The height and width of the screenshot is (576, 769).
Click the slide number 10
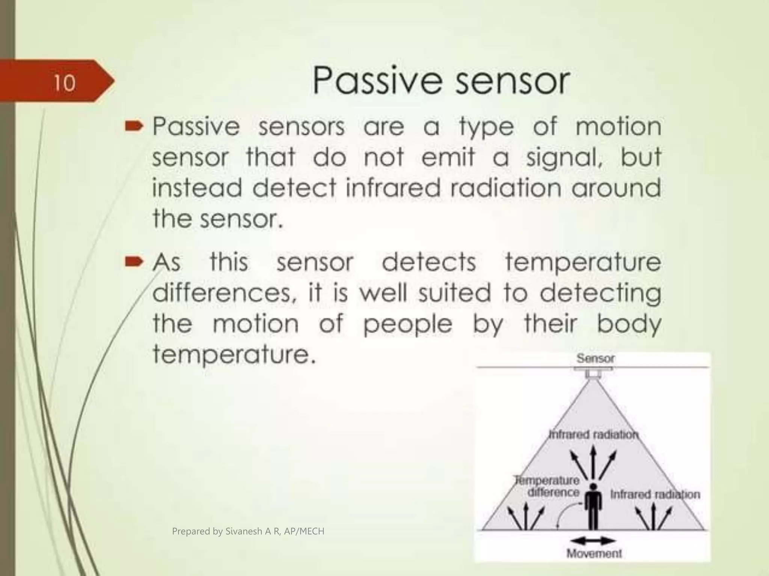pos(65,83)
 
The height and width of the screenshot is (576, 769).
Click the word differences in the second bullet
pos(222,293)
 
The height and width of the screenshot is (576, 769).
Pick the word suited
pos(454,293)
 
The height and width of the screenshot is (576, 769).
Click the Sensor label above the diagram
pos(596,358)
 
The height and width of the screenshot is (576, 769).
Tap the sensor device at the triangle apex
pos(593,374)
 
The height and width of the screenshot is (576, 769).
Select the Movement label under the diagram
pos(594,553)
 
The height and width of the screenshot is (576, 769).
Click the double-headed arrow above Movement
pos(593,541)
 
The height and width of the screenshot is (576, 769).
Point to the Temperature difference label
pos(549,486)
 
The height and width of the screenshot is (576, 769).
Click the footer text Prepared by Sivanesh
pos(248,531)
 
